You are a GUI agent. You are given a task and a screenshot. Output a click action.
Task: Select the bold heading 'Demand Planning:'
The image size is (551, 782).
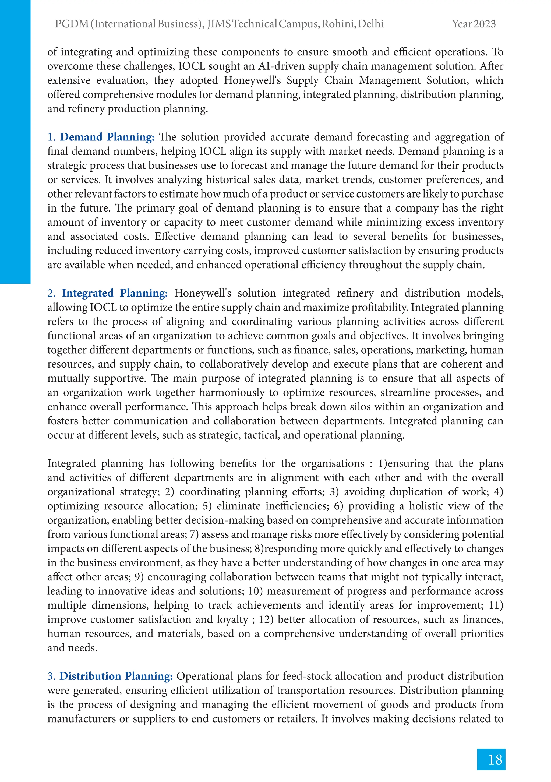[107, 137]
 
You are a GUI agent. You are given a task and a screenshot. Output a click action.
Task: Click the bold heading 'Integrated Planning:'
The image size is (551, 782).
[115, 293]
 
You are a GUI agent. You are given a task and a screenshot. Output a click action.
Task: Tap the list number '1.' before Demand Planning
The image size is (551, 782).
[51, 137]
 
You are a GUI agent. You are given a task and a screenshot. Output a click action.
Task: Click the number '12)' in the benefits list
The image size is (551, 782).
[266, 619]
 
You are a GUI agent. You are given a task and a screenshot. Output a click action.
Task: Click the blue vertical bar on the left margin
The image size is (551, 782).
[15, 141]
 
